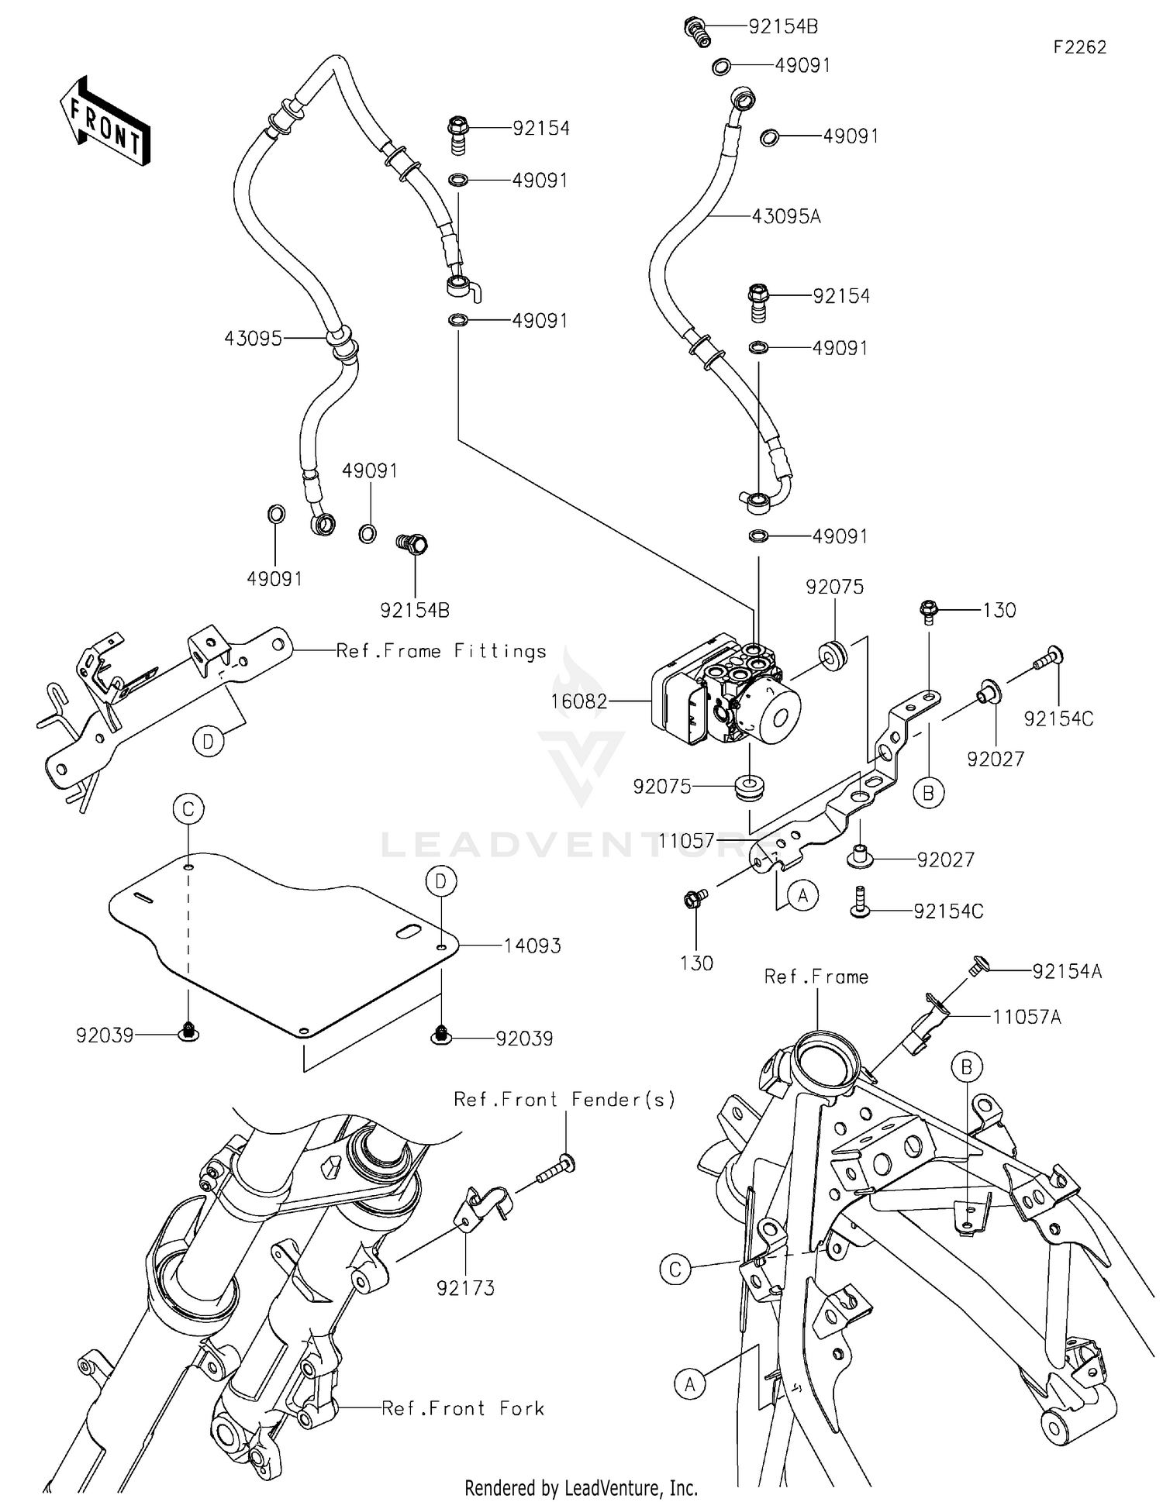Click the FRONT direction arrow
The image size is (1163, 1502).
tap(105, 122)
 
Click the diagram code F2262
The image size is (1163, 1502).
tap(1079, 47)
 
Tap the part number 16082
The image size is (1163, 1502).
tap(578, 702)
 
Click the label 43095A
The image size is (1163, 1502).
tap(785, 217)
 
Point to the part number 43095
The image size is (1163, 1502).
tap(253, 339)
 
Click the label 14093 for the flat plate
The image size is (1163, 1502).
tap(532, 946)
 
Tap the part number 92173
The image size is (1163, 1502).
tap(465, 1288)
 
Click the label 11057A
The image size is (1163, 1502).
tap(1027, 1017)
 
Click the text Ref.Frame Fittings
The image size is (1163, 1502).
tap(441, 651)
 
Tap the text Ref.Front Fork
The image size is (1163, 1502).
tap(463, 1408)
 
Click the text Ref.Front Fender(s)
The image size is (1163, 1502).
tap(564, 1099)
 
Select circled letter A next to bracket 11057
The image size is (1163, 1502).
tap(802, 896)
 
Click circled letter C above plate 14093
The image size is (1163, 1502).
tap(188, 810)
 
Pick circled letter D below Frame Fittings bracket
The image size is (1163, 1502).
tap(208, 742)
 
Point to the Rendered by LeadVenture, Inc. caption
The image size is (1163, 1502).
tap(581, 1488)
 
